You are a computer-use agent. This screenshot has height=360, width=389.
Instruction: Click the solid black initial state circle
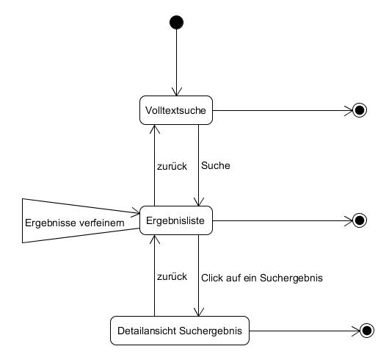click(x=176, y=22)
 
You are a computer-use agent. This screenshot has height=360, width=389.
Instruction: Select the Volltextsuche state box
click(x=176, y=110)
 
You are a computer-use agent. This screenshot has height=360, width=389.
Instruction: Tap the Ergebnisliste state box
click(x=176, y=220)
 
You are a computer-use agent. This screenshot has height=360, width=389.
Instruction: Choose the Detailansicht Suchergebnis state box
click(x=180, y=331)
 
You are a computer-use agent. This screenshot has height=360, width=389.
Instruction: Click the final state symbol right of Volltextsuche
click(x=360, y=110)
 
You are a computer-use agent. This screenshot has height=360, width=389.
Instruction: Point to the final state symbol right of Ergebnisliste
click(x=360, y=220)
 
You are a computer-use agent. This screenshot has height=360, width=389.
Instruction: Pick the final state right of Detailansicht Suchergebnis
click(x=367, y=331)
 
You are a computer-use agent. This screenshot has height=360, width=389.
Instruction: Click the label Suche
click(x=216, y=165)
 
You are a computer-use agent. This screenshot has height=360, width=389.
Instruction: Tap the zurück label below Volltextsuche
click(x=172, y=166)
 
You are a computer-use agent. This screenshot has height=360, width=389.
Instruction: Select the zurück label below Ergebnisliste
click(x=172, y=276)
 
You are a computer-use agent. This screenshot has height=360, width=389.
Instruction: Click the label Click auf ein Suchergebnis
click(x=262, y=278)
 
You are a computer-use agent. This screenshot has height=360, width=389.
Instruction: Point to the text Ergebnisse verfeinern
click(x=75, y=223)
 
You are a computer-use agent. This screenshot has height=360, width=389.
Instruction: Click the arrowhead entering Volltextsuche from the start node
click(x=176, y=92)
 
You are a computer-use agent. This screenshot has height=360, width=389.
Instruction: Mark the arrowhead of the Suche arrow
click(x=198, y=202)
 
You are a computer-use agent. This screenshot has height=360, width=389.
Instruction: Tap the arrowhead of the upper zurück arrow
click(x=155, y=129)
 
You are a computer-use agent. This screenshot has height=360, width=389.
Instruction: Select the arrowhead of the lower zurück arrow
click(x=155, y=240)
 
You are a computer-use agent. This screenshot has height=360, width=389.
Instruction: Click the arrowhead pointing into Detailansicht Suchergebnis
click(x=198, y=312)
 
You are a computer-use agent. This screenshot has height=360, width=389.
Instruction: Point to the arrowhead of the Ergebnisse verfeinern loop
click(x=136, y=212)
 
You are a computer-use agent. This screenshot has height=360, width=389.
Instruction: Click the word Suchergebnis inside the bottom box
click(x=211, y=331)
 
